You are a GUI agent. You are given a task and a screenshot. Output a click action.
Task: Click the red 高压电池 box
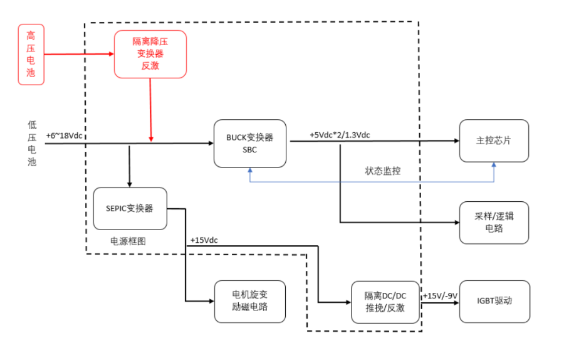[x=31, y=55]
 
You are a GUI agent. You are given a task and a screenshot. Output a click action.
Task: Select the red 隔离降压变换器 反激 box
[x=150, y=54]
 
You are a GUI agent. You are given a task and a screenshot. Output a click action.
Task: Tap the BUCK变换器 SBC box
[x=250, y=144]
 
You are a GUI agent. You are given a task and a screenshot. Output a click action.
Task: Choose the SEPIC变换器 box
[x=130, y=208]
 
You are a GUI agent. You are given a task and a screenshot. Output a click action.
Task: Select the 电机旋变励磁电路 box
[x=250, y=302]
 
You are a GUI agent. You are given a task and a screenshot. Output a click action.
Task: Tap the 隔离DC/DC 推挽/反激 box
[x=385, y=302]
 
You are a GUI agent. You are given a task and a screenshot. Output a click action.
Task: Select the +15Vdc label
[x=204, y=240]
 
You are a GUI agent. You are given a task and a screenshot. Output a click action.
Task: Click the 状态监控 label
[x=383, y=171]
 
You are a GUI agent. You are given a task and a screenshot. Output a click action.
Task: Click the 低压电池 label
[x=32, y=144]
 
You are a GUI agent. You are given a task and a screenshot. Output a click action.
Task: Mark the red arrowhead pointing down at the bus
[x=150, y=138]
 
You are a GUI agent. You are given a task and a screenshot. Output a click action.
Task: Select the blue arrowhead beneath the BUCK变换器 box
[x=250, y=171]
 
